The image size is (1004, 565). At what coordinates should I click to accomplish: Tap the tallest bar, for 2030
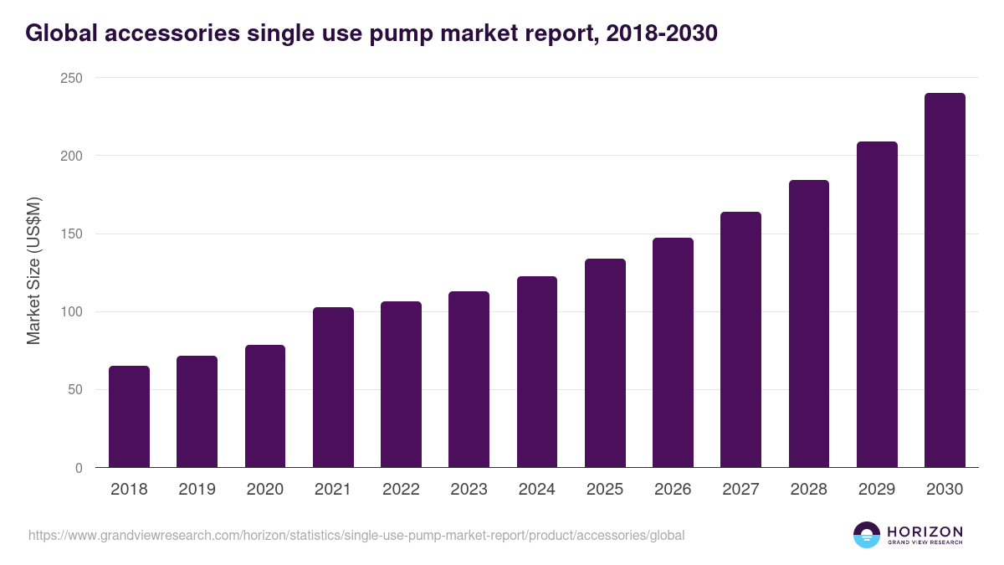click(x=945, y=280)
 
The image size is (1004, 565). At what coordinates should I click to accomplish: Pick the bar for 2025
click(x=605, y=363)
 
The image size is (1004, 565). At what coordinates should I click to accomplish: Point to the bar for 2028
click(x=808, y=324)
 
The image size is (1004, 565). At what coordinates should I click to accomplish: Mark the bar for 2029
click(x=877, y=305)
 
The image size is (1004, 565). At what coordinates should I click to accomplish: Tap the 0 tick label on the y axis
click(x=79, y=468)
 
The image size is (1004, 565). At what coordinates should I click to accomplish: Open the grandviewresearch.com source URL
click(x=356, y=535)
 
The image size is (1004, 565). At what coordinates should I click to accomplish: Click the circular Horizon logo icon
click(x=867, y=535)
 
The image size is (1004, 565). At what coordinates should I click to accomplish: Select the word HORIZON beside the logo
click(x=925, y=532)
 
